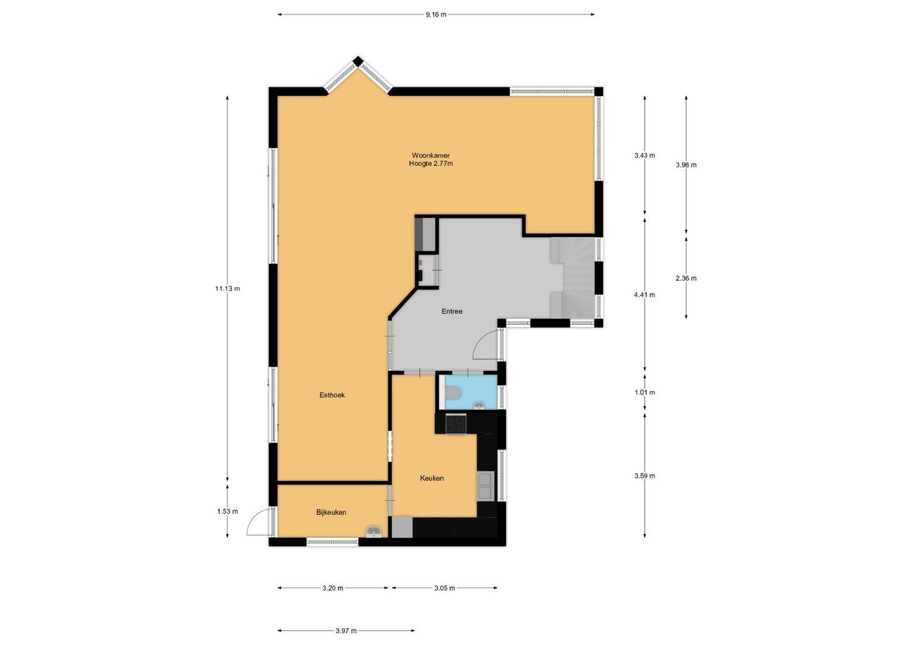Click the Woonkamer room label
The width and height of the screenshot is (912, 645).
[431, 155]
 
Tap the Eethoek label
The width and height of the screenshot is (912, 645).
[332, 395]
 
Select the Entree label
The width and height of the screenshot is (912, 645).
[452, 311]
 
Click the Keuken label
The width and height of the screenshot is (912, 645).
[432, 478]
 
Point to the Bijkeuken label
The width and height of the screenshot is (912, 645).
[331, 512]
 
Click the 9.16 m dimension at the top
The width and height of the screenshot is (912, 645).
[436, 15]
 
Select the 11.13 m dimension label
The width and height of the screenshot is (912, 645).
[228, 288]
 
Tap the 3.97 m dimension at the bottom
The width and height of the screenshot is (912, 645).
[346, 631]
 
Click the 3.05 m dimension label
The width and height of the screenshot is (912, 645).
[444, 588]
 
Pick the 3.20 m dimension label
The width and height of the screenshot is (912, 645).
[333, 588]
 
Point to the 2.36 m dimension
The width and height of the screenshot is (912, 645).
[686, 278]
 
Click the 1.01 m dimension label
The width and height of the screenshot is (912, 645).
[644, 392]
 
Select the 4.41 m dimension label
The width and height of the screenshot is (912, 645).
[644, 294]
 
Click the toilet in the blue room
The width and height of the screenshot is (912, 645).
[453, 392]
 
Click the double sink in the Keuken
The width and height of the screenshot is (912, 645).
[485, 486]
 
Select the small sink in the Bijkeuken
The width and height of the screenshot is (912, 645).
[374, 532]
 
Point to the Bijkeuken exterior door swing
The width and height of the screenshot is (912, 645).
[258, 523]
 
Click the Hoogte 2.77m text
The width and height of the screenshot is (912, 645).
[431, 164]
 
